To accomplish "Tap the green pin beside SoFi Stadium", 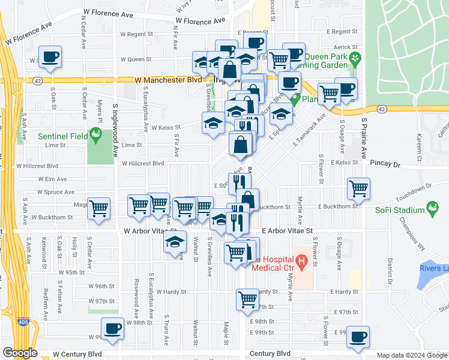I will tap(432, 208).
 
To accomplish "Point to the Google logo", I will tap(20, 353).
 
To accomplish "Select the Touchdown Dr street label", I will tap(412, 190).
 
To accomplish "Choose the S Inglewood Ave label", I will tap(115, 127).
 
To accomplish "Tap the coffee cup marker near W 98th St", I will tap(112, 328).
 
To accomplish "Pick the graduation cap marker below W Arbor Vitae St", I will tap(175, 242).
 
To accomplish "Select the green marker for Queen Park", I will tap(355, 58).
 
